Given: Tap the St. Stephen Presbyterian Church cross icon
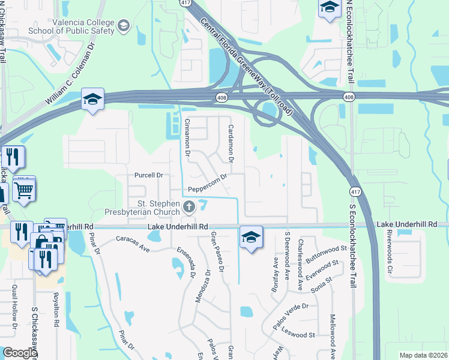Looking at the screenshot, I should pos(189,208).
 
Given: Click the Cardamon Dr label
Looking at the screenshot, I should pos(231,142).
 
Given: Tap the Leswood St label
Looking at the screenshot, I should pos(299,334).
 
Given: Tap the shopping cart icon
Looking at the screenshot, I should pos(23,191).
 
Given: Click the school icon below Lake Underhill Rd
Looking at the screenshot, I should pos(251,236).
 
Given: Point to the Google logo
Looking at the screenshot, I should pos(19,353).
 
